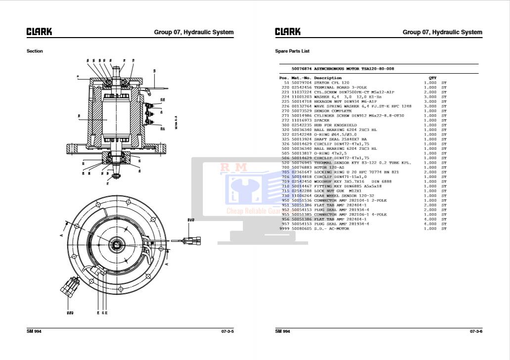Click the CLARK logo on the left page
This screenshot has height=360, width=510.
39,32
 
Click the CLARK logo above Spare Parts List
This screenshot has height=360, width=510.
287,32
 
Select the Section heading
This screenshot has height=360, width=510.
35,51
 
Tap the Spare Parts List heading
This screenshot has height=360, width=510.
292,51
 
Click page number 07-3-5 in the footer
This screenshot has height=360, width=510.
227,331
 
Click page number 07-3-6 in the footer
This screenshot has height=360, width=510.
476,331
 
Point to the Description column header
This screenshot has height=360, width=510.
327,78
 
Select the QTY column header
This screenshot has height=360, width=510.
432,78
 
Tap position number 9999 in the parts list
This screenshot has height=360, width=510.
284,229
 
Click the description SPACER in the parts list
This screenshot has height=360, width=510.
322,121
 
